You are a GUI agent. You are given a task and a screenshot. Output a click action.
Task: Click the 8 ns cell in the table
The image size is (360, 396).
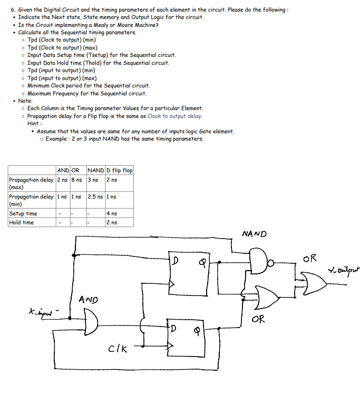pos(76,180)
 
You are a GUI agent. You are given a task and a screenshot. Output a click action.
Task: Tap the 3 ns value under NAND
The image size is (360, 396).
pos(93,180)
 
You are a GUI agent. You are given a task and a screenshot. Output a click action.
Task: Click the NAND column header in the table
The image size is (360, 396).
pos(95,170)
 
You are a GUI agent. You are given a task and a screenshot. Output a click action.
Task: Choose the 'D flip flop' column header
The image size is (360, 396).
pos(120,170)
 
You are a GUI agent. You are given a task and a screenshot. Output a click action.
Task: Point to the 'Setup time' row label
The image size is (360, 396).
pos(23,213)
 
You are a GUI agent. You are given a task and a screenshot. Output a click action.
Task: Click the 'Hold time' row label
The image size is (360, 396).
pos(22,222)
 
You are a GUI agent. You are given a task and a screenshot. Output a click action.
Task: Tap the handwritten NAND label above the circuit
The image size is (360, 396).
pos(255,233)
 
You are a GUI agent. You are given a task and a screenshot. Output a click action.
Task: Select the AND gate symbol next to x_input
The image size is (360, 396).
pos(91,321)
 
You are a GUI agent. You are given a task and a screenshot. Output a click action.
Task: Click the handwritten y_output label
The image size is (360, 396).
pos(342,271)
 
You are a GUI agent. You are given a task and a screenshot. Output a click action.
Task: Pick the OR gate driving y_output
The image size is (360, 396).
pos(312,282)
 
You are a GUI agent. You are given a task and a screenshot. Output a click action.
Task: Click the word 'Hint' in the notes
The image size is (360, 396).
pos(33,123)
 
